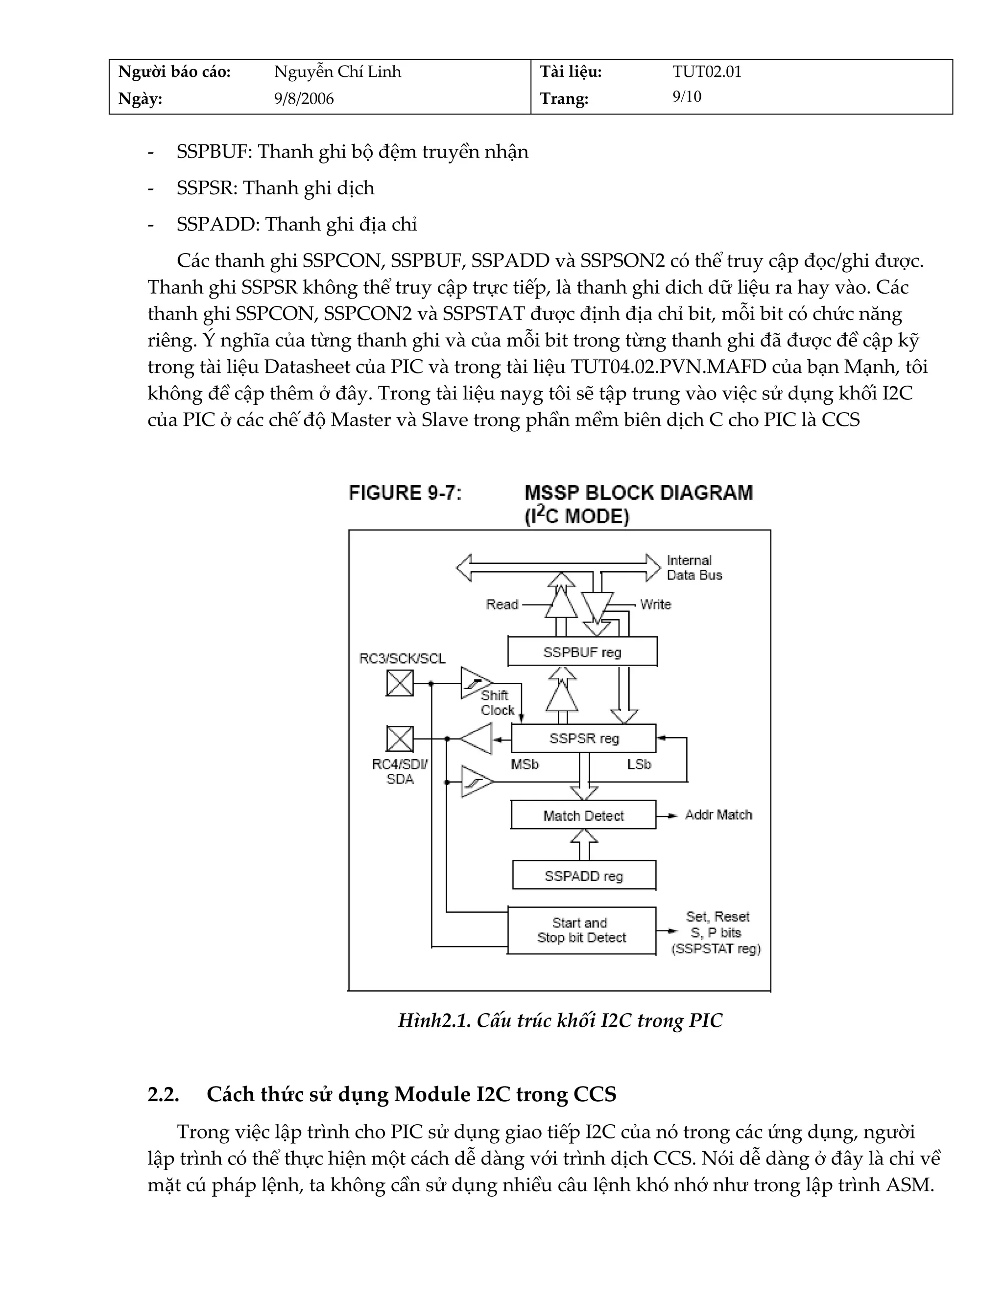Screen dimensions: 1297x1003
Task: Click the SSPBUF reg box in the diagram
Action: [x=582, y=652]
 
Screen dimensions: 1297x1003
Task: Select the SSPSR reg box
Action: [x=583, y=738]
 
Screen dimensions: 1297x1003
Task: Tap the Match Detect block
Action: [x=583, y=815]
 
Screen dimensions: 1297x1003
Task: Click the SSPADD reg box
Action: [x=583, y=876]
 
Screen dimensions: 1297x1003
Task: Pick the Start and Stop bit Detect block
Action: [x=581, y=930]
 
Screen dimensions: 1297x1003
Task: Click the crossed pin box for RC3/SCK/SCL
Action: [x=400, y=683]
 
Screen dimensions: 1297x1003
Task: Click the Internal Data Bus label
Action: [x=693, y=568]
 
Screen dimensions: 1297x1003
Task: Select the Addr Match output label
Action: [x=718, y=815]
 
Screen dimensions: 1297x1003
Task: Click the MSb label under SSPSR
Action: [x=525, y=764]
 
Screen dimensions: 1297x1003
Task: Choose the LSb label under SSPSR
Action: [x=639, y=764]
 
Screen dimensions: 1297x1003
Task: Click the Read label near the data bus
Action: [x=502, y=604]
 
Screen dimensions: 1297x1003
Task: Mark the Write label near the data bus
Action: [x=655, y=604]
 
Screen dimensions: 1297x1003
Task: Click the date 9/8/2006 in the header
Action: [x=304, y=98]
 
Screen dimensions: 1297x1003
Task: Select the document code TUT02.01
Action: [x=707, y=72]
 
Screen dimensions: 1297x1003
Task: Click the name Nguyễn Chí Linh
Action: [x=337, y=72]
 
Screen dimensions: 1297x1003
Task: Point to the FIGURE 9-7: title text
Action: [x=405, y=493]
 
